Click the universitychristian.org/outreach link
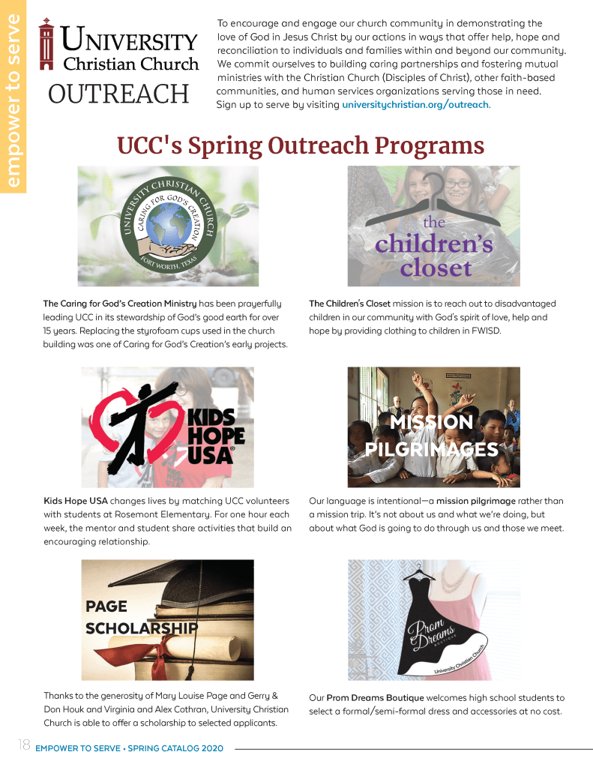click(x=415, y=104)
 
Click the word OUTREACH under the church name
click(x=118, y=94)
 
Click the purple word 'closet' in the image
click(x=435, y=268)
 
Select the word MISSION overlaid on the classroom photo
click(x=432, y=422)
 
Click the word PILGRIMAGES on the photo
click(x=432, y=449)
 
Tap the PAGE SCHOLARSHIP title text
click(x=141, y=617)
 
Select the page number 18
click(x=22, y=745)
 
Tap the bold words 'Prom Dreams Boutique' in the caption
click(x=375, y=698)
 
